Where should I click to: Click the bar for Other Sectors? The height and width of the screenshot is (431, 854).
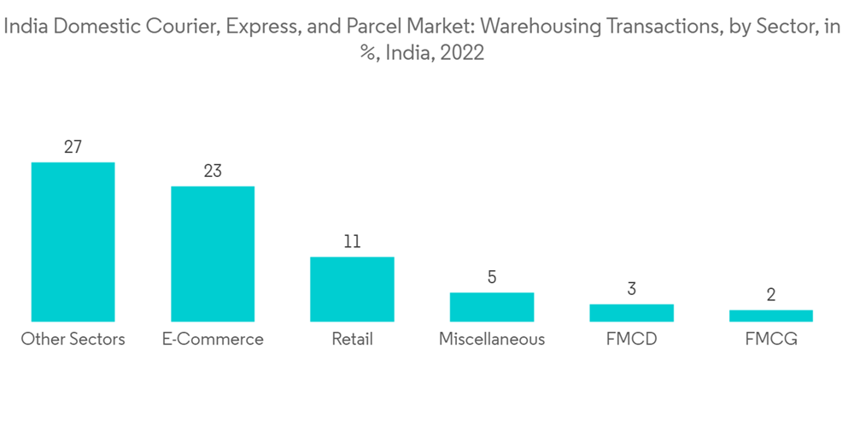point(73,242)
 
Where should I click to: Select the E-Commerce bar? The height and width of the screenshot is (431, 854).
point(213,254)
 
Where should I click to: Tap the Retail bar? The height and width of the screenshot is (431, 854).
point(352,289)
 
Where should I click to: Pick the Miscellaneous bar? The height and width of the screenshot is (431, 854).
point(492,307)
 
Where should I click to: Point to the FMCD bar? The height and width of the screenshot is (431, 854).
point(631,313)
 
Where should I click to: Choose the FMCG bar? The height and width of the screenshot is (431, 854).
point(771,316)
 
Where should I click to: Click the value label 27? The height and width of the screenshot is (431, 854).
point(73,147)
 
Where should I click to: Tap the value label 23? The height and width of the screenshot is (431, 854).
point(213,171)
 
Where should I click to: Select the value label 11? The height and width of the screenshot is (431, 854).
point(352,242)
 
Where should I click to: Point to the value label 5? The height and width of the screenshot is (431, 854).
point(492,277)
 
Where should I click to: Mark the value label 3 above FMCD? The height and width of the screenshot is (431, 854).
point(631,289)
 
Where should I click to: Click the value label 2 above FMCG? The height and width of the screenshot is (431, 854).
point(771,295)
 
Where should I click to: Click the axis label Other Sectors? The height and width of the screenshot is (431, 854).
point(73,339)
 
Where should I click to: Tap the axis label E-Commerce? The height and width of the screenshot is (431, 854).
point(213,339)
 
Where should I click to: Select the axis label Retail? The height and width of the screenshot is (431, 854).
point(352,339)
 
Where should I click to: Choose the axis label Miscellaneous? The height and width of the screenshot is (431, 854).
point(492,339)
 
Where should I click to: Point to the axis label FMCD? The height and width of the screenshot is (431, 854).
point(631,339)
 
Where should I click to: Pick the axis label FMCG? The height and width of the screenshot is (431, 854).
point(771,339)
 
